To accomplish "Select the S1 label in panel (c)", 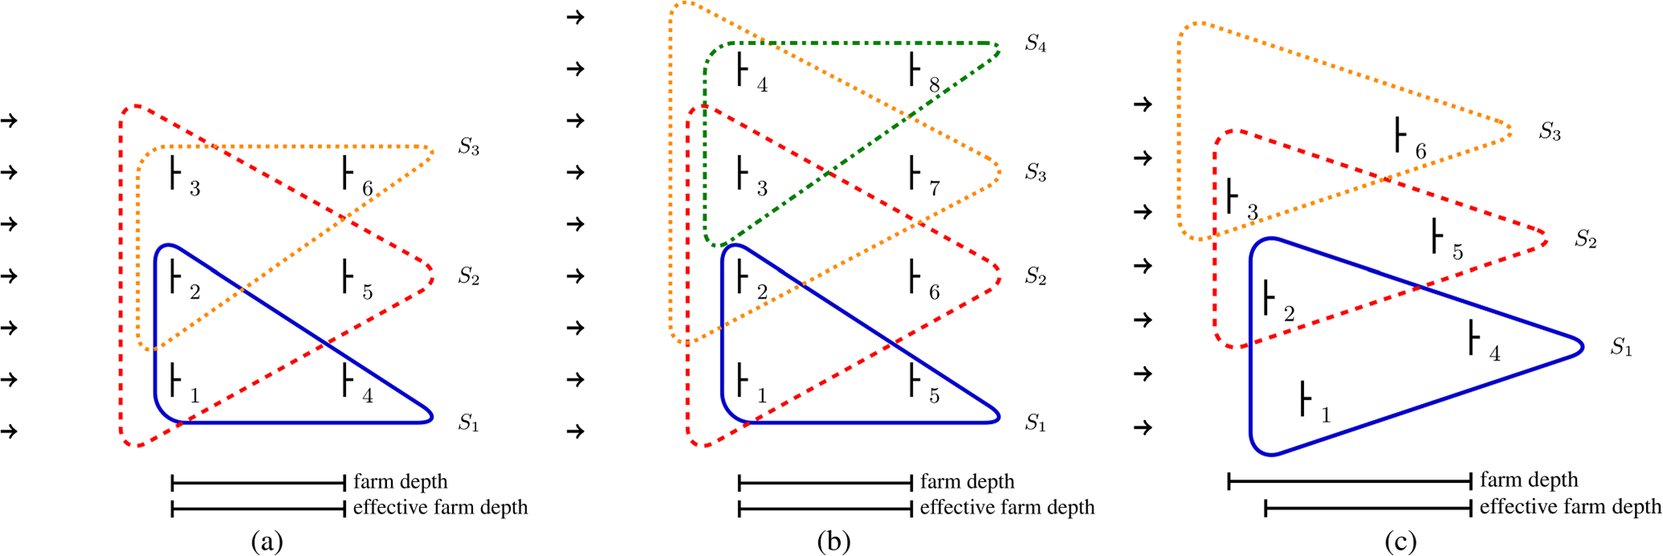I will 1620,348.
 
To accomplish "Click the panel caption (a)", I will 267,542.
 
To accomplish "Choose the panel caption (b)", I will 834,542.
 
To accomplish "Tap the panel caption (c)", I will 1401,542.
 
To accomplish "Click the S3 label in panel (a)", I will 468,148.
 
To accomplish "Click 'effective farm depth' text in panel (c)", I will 1570,507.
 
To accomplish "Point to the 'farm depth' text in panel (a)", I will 400,482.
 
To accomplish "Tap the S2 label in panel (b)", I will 1035,278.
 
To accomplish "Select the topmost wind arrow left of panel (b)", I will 575,17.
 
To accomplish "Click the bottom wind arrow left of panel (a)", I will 10,431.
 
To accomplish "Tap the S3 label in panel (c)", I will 1550,132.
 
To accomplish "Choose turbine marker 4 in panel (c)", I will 1472,338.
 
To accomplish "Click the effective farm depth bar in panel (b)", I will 825,509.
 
